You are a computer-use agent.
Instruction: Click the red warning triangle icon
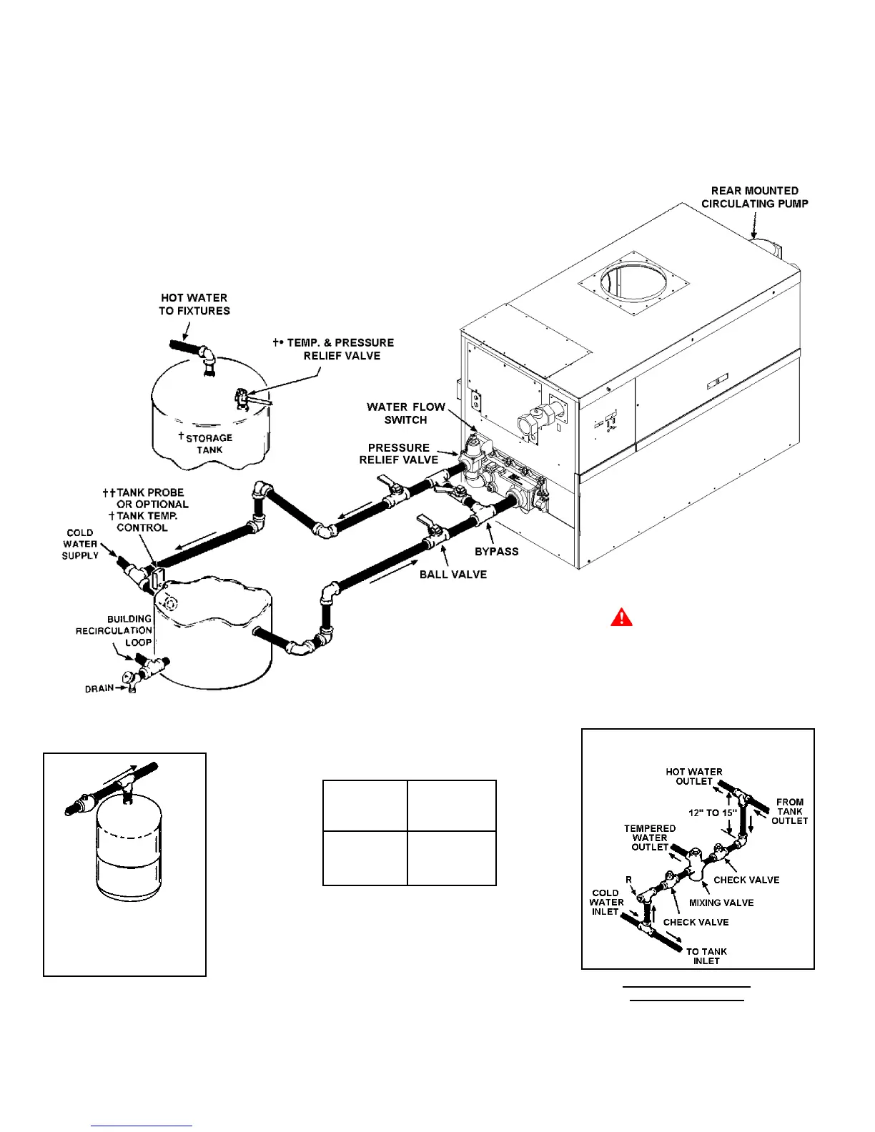621,617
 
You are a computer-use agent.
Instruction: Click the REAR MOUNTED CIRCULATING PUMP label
754,197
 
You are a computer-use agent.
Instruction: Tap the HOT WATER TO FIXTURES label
194,304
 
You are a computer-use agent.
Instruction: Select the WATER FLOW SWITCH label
405,413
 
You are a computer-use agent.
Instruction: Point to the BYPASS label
497,552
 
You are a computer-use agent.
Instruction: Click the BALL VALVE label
453,575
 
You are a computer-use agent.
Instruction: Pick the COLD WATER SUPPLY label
80,544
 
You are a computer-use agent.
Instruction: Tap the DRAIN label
99,688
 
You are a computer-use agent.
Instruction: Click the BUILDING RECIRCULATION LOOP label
114,630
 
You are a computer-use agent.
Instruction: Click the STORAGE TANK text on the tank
208,444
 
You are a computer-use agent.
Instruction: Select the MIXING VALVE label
721,903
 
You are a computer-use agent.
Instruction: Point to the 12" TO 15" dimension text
713,813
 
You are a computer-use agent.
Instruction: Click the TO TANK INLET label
706,956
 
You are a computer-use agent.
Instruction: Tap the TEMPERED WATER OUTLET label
650,838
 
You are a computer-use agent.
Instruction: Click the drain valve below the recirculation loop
131,680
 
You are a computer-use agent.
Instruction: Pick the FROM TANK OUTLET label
789,811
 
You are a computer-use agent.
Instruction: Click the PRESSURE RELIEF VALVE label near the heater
398,454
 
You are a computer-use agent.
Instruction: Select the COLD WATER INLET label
605,902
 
